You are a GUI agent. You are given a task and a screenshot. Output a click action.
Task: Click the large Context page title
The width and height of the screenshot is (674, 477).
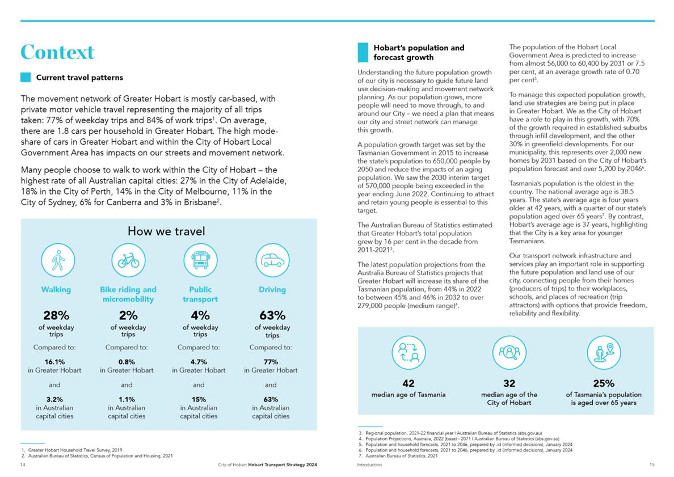[x=57, y=52]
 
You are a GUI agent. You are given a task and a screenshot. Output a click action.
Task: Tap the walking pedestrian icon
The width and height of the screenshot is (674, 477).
[x=58, y=260]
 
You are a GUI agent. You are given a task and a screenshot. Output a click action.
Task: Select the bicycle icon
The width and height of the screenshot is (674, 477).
[x=129, y=260]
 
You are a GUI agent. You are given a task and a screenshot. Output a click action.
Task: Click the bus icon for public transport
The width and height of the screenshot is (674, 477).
[x=200, y=260]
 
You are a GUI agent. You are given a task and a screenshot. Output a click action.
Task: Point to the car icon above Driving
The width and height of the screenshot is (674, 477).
[x=272, y=260]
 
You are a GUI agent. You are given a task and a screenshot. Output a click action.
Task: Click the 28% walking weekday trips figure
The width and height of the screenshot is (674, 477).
[x=56, y=315]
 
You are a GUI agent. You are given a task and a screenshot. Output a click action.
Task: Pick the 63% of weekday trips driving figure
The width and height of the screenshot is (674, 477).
[x=272, y=315]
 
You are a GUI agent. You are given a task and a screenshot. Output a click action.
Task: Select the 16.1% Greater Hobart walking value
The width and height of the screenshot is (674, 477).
[x=54, y=362]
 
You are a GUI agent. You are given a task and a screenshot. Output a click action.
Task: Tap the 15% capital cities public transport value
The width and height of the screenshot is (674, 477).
[x=199, y=399]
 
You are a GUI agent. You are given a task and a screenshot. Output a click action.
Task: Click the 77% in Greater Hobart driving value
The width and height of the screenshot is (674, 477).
[x=271, y=362]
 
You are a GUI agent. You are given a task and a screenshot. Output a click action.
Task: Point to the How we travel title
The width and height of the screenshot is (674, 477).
[x=166, y=231]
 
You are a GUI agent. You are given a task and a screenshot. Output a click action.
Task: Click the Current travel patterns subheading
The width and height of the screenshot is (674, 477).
[x=79, y=77]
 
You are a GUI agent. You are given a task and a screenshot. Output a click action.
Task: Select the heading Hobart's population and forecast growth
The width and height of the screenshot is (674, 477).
[x=419, y=52]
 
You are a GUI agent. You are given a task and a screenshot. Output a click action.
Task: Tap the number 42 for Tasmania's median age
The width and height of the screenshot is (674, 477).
[x=408, y=383]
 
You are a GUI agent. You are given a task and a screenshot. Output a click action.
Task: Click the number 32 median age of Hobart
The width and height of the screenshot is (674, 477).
[x=509, y=383]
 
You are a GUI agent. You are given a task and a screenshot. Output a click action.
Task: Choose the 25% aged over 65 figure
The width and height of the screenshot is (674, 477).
[x=604, y=383]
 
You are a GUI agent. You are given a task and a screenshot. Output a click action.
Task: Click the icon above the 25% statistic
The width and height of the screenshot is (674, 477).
[x=604, y=352]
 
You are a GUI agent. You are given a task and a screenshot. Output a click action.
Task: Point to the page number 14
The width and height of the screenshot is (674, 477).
[x=23, y=465]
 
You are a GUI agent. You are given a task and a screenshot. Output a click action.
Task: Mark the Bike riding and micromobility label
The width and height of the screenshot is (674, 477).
[x=128, y=294]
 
